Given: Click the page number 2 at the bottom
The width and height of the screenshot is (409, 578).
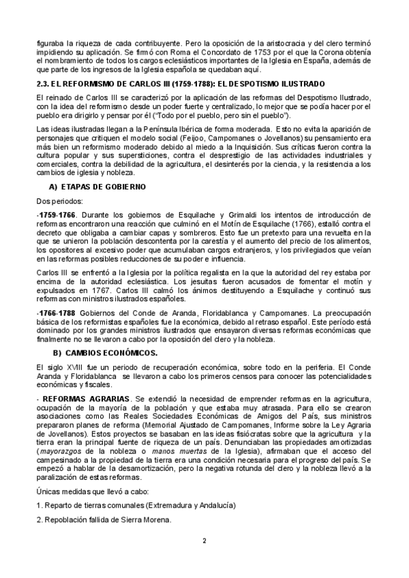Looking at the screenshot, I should click(204, 560).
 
